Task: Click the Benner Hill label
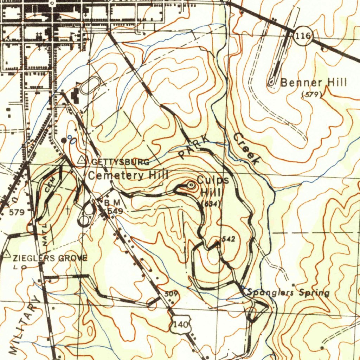pyautogui.click(x=314, y=83)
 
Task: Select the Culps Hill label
pyautogui.click(x=212, y=186)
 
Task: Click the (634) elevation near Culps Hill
pyautogui.click(x=211, y=204)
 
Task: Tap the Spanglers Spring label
pyautogui.click(x=288, y=292)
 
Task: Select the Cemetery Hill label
pyautogui.click(x=128, y=175)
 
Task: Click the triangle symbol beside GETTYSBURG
pyautogui.click(x=82, y=160)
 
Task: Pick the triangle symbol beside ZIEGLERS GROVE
pyautogui.click(x=7, y=253)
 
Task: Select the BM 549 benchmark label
pyautogui.click(x=113, y=207)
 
